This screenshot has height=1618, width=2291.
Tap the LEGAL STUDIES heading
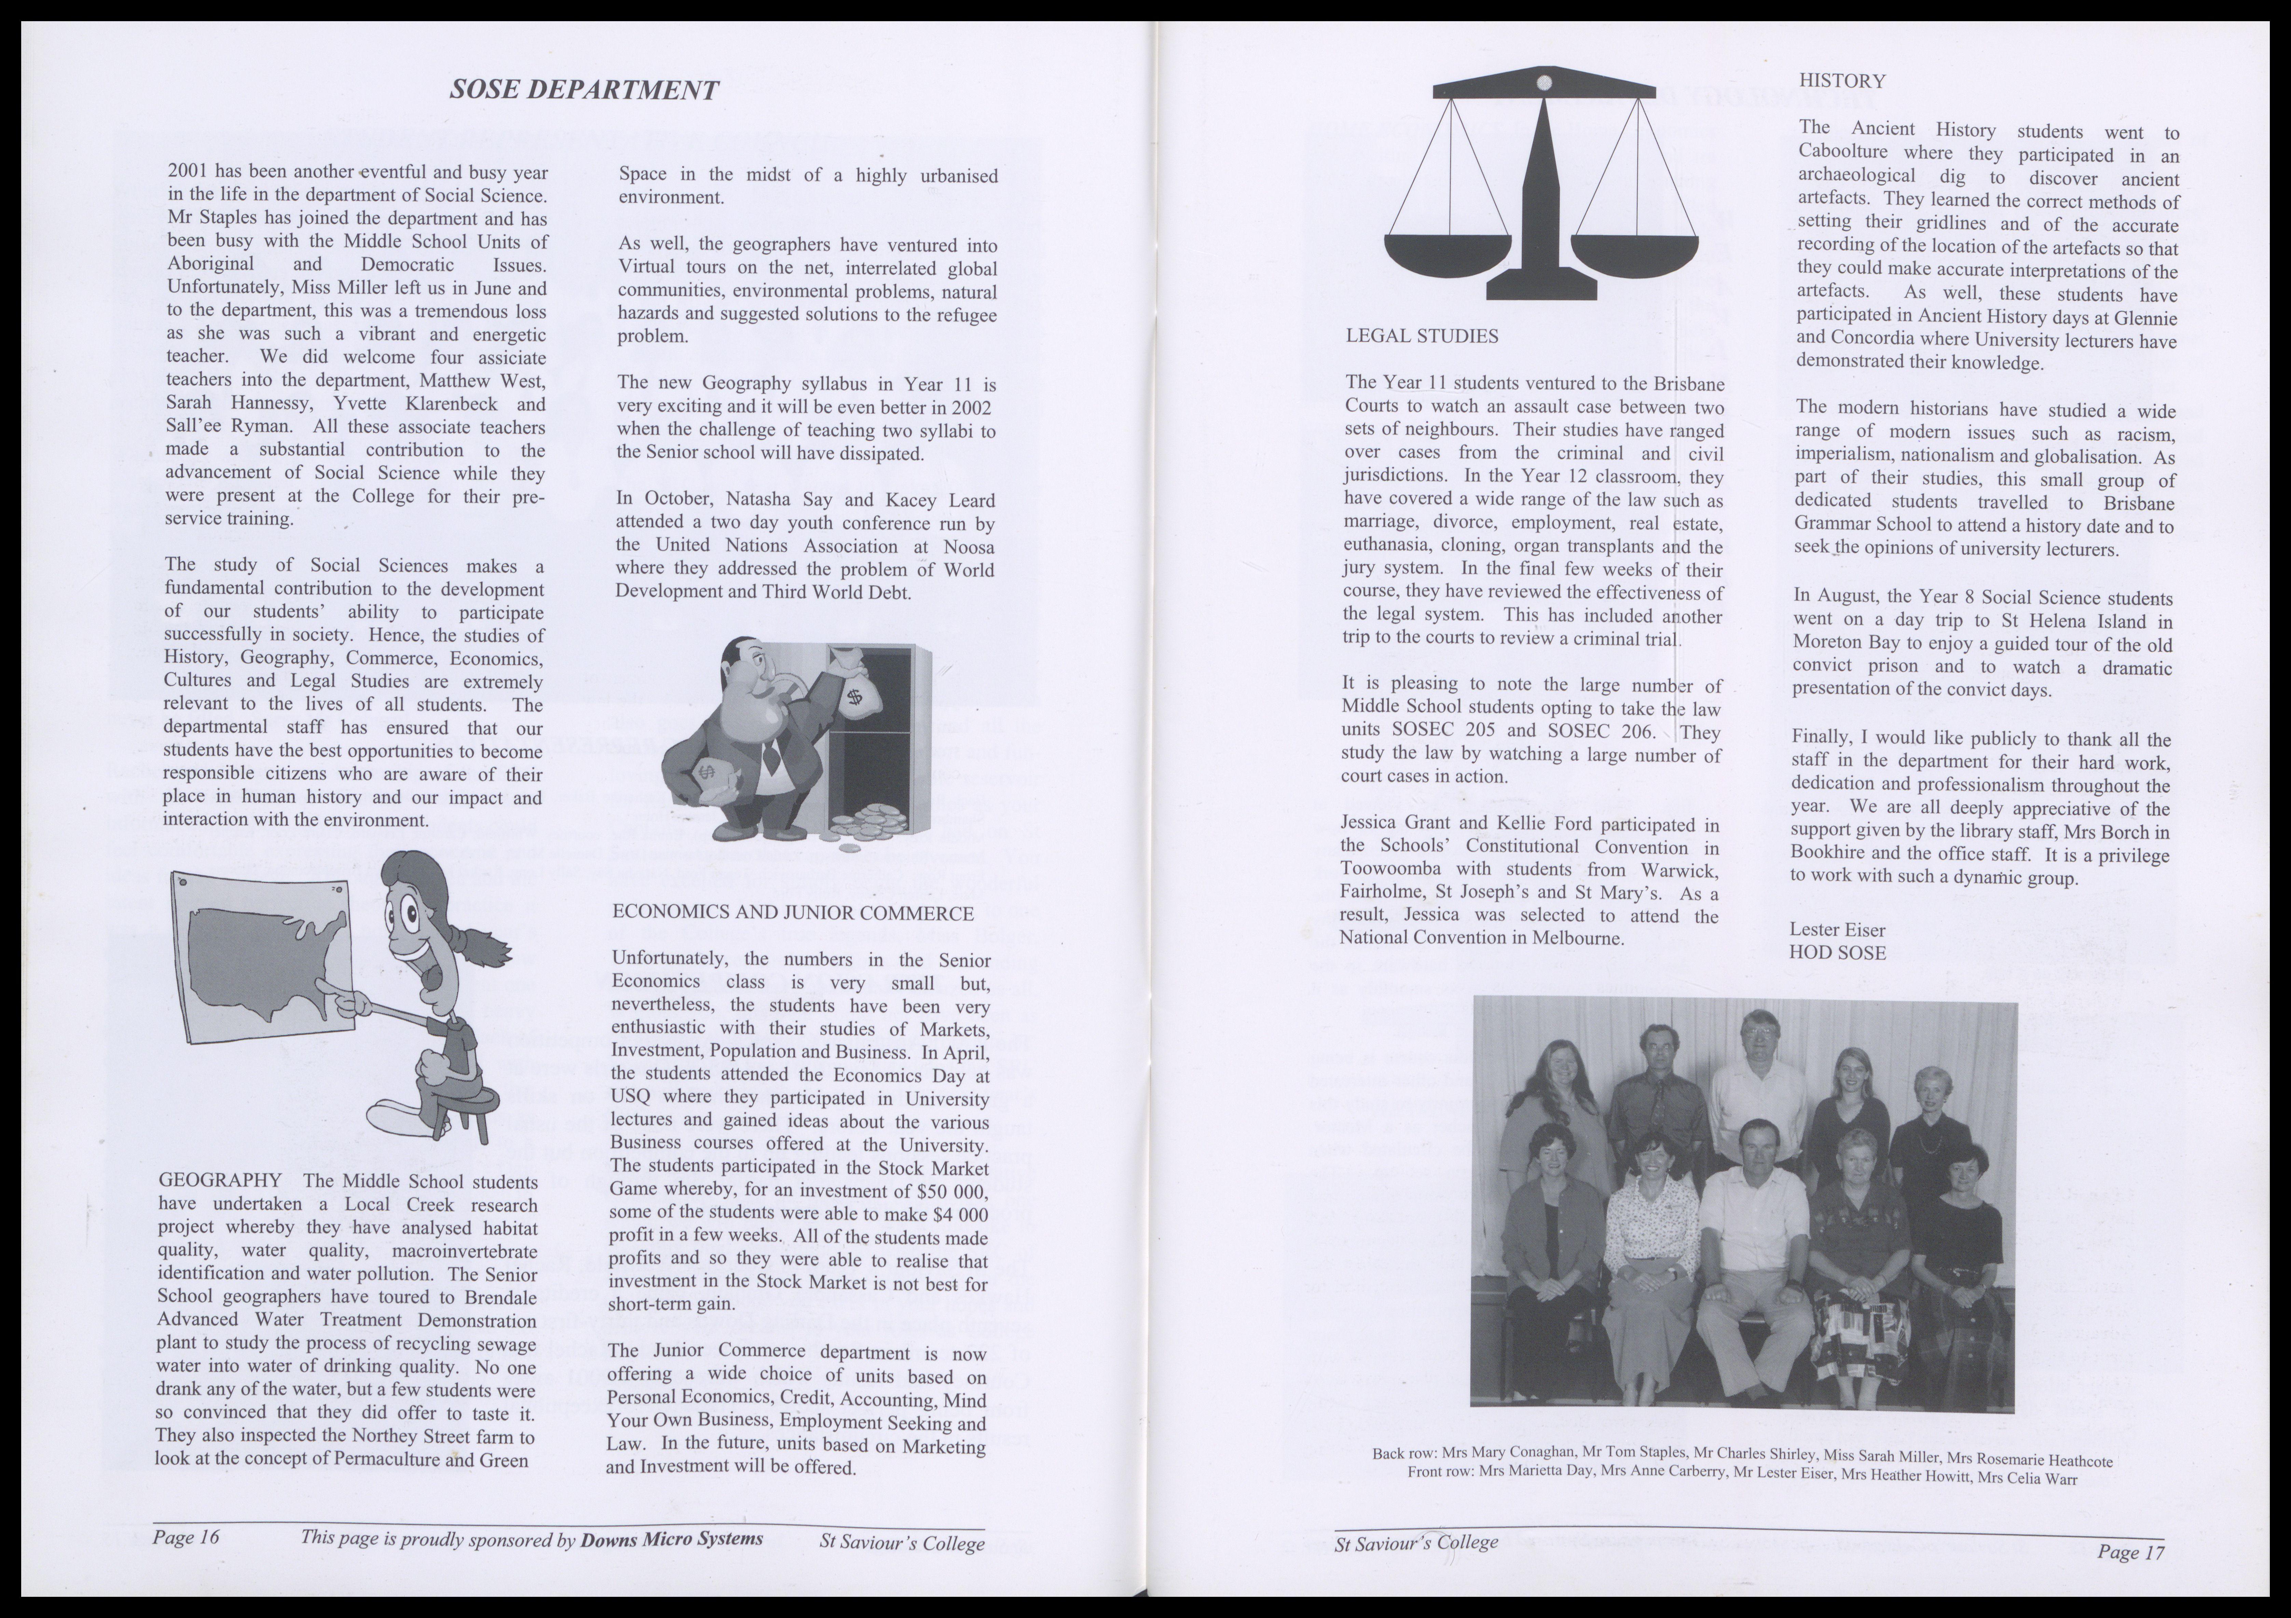[x=1422, y=336]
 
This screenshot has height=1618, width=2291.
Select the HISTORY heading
[x=1842, y=81]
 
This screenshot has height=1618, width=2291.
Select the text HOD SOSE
[x=1837, y=952]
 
